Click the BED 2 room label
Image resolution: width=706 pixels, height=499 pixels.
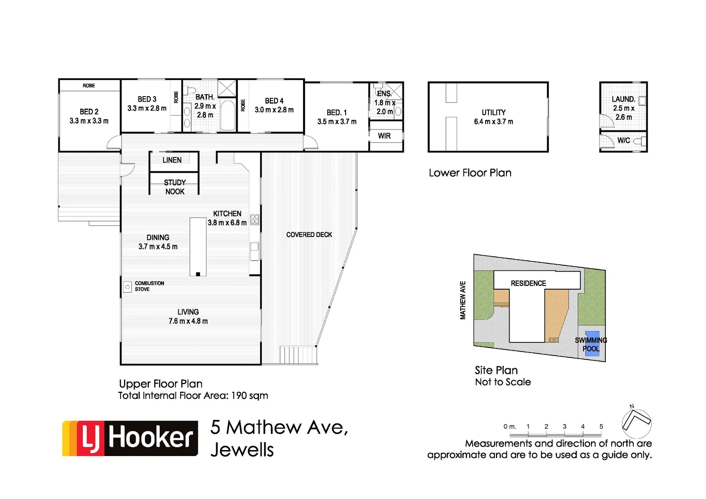pos(89,111)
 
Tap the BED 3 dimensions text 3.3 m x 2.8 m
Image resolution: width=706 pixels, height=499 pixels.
pos(147,109)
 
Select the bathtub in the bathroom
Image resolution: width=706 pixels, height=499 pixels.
pos(227,115)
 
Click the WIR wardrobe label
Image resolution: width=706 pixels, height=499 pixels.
pos(384,136)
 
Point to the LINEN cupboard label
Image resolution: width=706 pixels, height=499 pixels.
pos(172,160)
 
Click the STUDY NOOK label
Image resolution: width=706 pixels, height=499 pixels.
pos(175,187)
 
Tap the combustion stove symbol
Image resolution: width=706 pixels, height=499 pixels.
pos(128,287)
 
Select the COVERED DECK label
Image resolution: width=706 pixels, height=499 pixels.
pos(309,235)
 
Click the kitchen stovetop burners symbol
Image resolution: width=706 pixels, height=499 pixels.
pos(255,219)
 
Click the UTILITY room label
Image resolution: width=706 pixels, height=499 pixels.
pos(493,112)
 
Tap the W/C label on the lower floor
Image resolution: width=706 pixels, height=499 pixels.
pos(623,140)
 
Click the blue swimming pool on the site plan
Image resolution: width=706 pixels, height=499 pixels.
pos(592,343)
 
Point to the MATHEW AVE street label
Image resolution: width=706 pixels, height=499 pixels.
pos(463,300)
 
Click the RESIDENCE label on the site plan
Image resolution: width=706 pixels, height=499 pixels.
pos(528,283)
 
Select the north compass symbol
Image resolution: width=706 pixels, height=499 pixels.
pos(636,422)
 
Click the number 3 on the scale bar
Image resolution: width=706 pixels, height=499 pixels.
pos(565,426)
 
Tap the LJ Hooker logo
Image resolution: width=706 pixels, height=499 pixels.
pos(130,438)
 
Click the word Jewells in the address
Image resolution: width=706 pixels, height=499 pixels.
pos(242,450)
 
